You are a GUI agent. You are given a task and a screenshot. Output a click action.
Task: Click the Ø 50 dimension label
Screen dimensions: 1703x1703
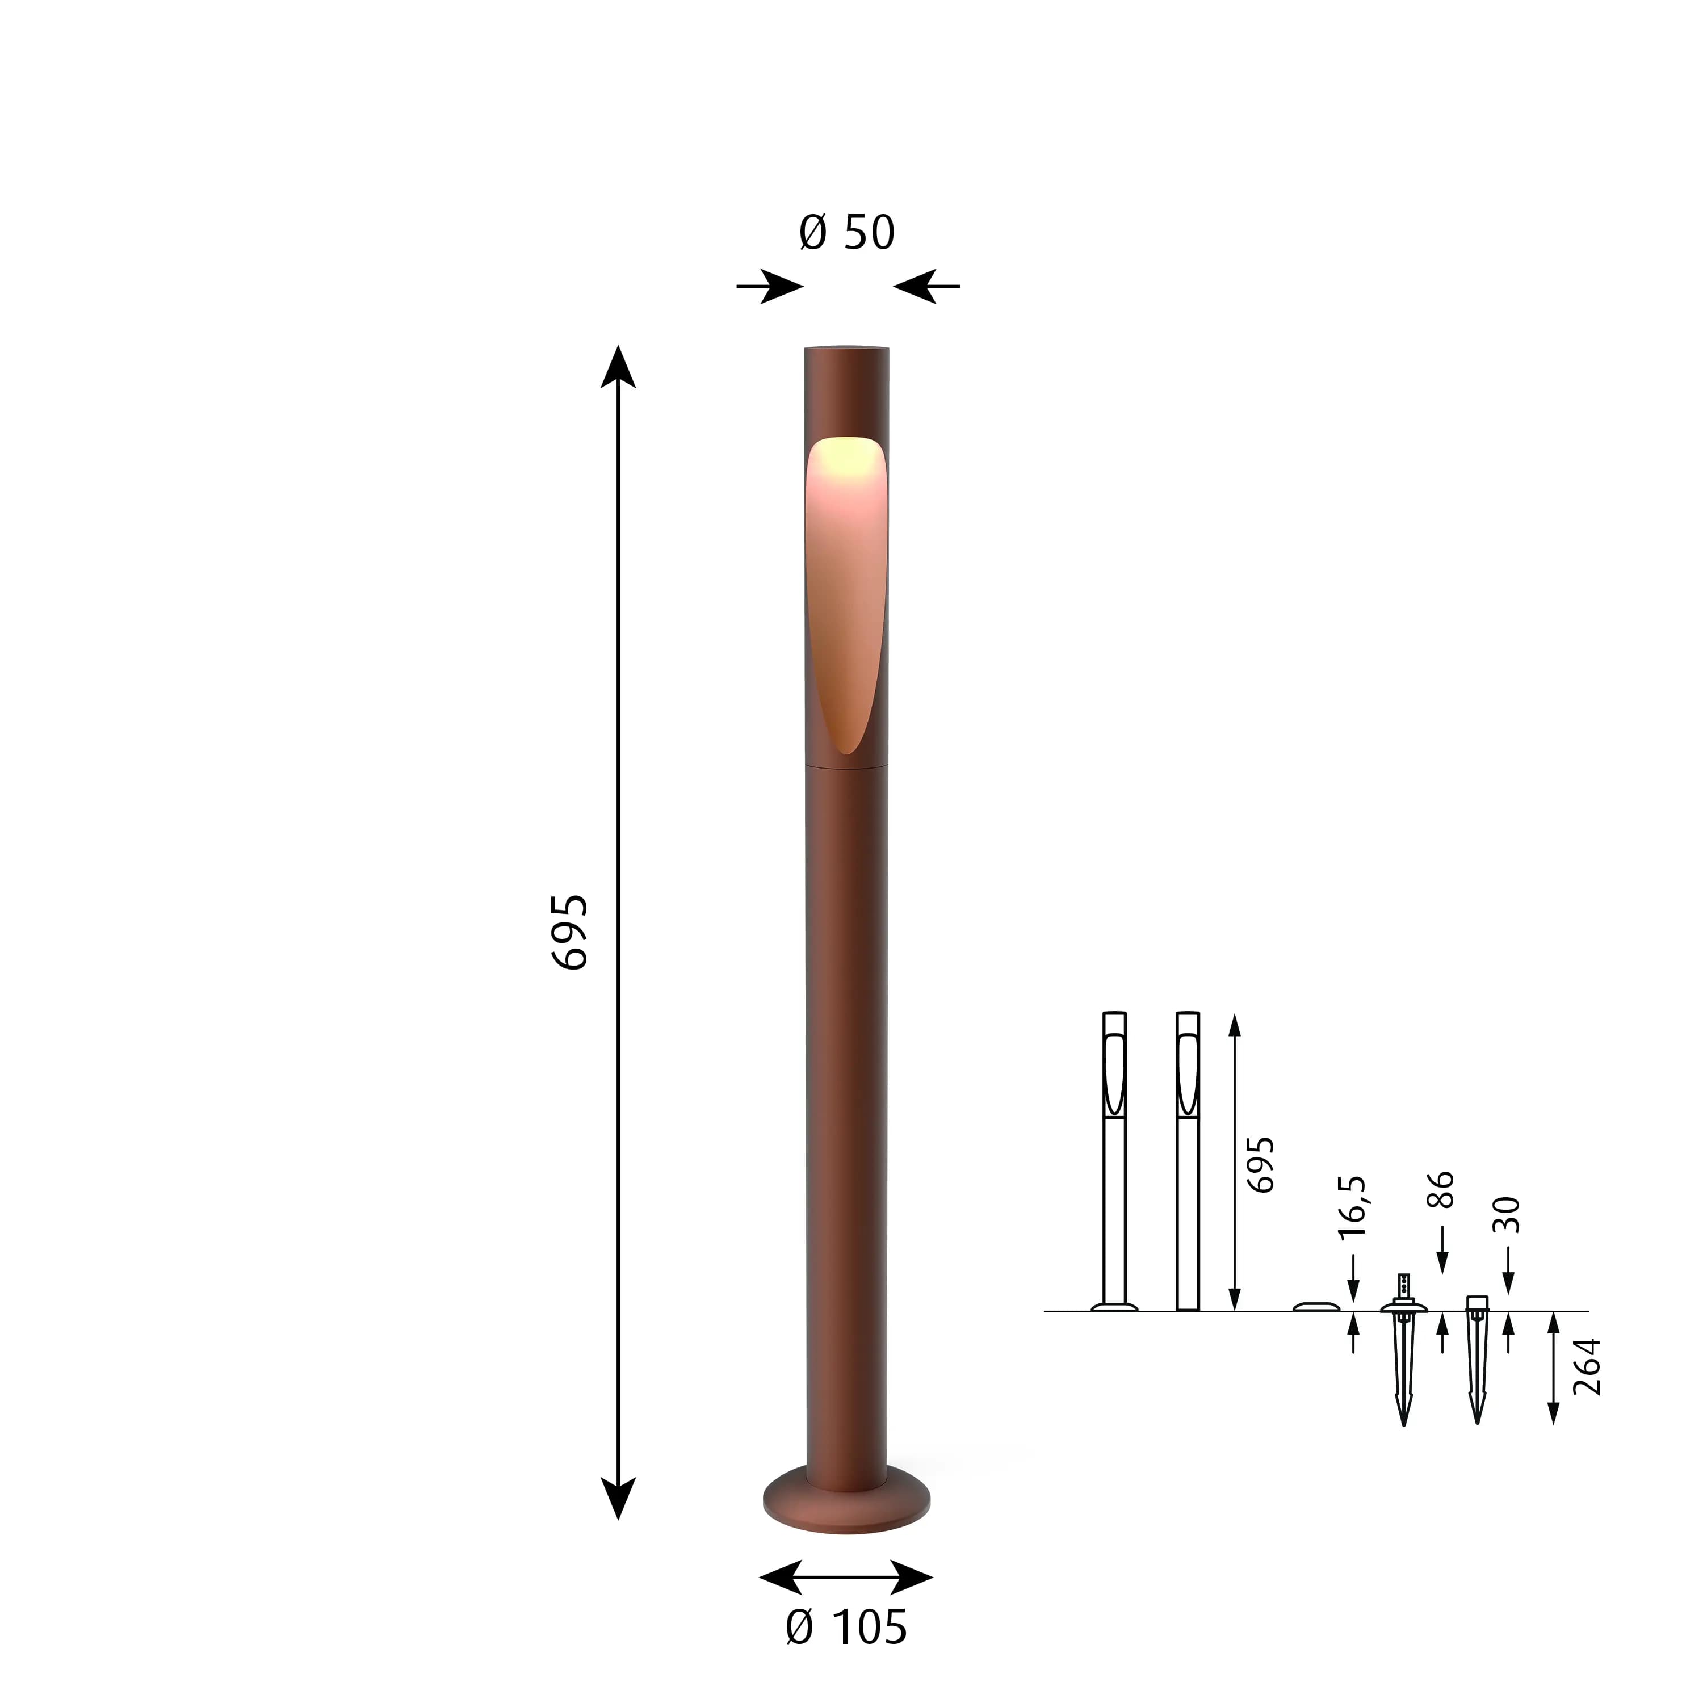pyautogui.click(x=846, y=233)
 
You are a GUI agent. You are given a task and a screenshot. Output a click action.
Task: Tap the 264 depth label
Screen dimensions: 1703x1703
pyautogui.click(x=1585, y=1367)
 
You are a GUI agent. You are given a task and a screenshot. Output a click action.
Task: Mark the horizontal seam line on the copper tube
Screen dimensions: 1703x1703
pyautogui.click(x=846, y=766)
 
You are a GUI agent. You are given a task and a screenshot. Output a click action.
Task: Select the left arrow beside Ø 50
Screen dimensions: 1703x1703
pyautogui.click(x=769, y=287)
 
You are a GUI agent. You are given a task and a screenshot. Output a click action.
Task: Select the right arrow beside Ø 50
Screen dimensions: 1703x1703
pyautogui.click(x=926, y=287)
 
